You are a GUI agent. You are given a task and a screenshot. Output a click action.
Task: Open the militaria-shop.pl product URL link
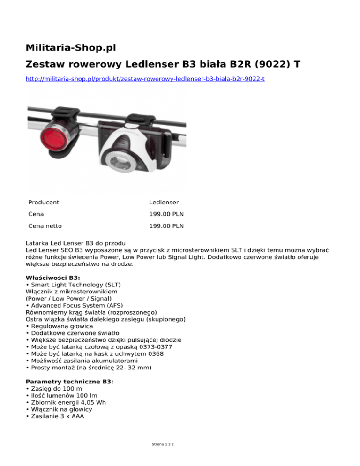[145, 79]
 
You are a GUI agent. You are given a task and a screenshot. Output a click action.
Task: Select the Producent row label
[44, 203]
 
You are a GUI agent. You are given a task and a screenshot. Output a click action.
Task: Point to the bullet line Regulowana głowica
[64, 326]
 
